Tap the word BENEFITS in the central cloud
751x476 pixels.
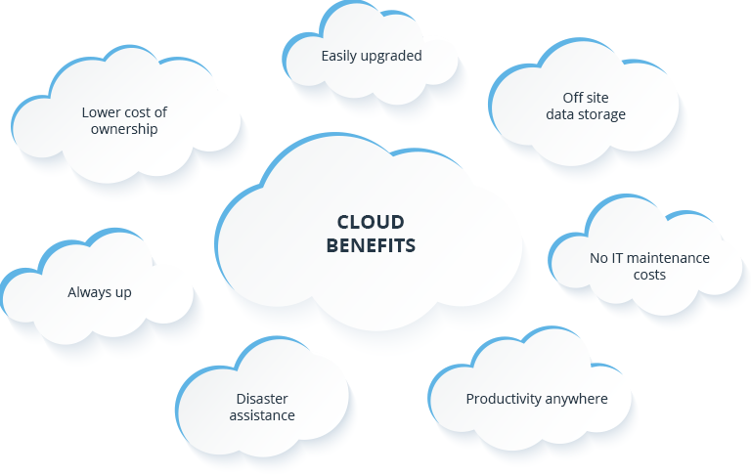[x=371, y=244]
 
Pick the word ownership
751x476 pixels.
[x=124, y=128]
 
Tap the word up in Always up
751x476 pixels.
[x=123, y=293]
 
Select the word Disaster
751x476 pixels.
[x=262, y=399]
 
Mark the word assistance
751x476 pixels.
[x=262, y=415]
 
